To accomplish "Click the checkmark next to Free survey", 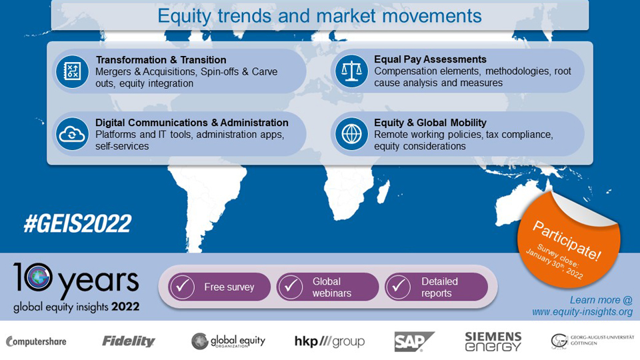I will (182, 287).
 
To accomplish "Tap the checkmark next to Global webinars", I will (290, 287).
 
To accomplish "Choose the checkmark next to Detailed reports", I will (399, 287).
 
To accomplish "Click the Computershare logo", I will (36, 342).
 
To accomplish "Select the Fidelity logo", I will (128, 341).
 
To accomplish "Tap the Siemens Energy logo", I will (493, 341).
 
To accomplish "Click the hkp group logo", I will (329, 342).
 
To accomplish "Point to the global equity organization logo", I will (228, 341).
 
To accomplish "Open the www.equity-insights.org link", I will (582, 312).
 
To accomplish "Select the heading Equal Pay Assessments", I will (430, 59).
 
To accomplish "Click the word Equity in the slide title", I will (185, 15).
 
